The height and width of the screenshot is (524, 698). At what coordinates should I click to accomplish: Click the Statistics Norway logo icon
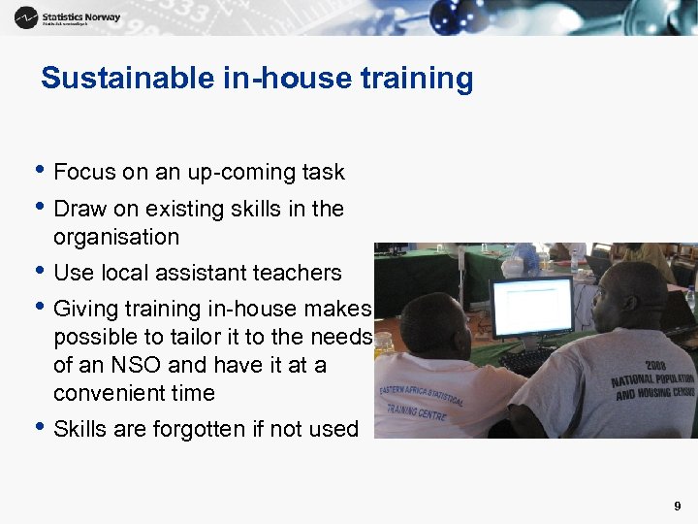point(26,16)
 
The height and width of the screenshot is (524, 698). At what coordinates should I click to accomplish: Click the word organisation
point(116,237)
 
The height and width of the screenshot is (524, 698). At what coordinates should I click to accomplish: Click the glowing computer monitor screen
point(531,307)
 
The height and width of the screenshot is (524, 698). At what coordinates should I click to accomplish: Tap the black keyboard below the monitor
point(528,360)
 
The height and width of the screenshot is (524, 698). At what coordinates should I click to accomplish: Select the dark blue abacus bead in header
point(449,14)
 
